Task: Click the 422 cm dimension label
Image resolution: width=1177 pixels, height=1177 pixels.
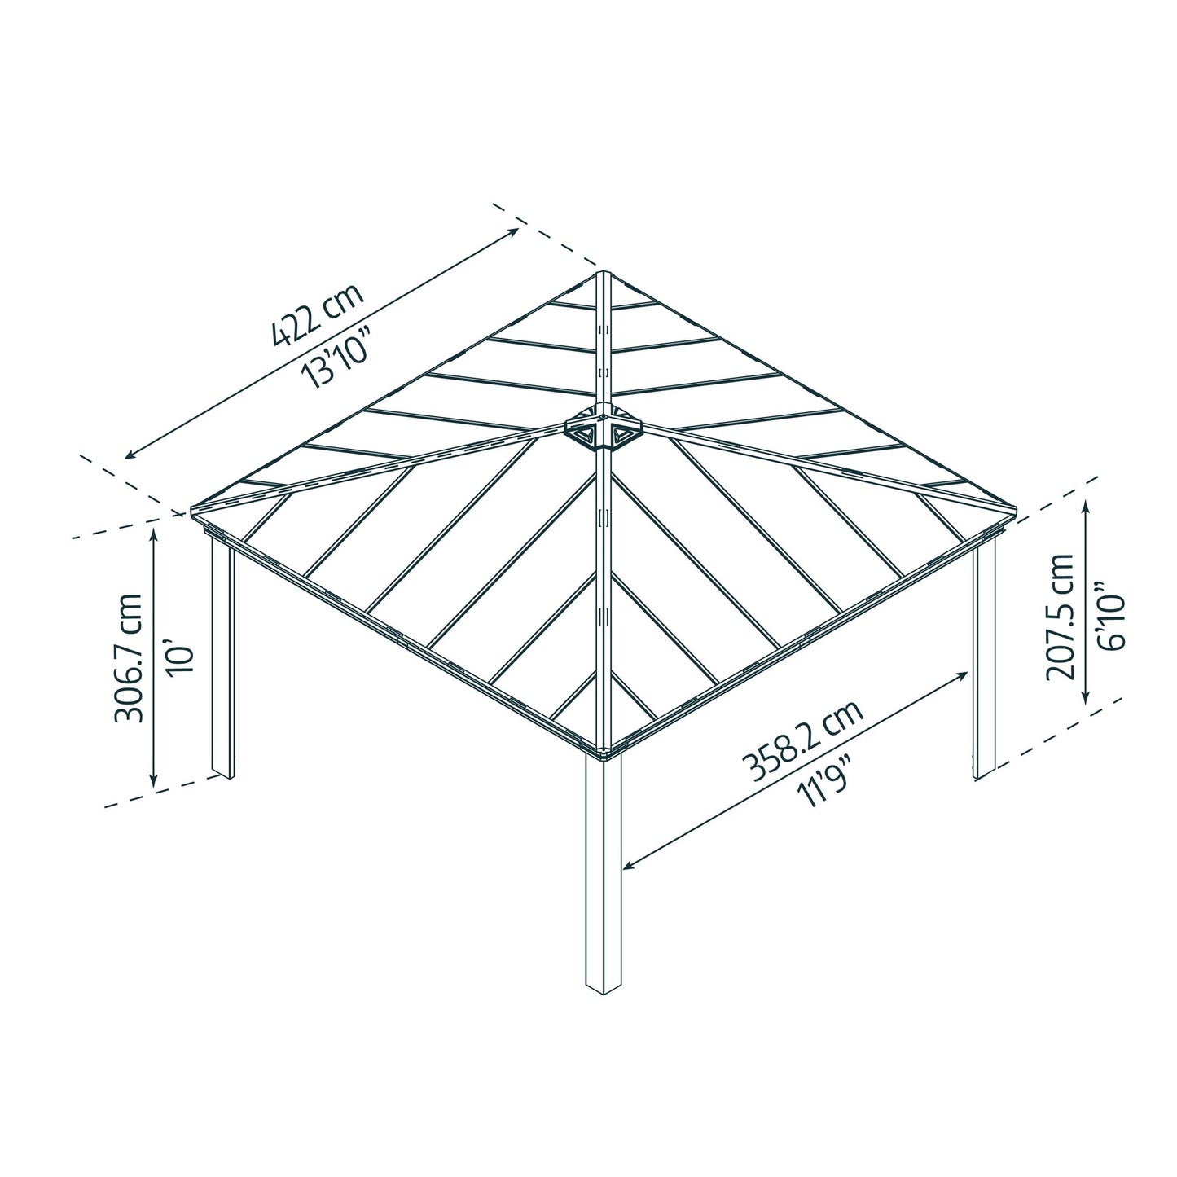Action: click(x=318, y=318)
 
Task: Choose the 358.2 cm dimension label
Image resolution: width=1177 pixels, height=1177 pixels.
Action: click(x=802, y=741)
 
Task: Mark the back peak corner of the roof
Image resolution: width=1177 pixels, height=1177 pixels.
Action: click(x=603, y=274)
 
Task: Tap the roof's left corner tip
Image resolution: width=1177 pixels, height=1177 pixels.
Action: click(x=191, y=512)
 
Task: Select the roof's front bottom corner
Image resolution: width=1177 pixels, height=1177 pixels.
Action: click(x=604, y=750)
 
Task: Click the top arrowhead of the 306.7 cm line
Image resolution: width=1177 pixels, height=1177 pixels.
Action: click(x=153, y=531)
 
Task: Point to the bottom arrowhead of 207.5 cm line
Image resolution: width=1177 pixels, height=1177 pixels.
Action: click(x=1086, y=700)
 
